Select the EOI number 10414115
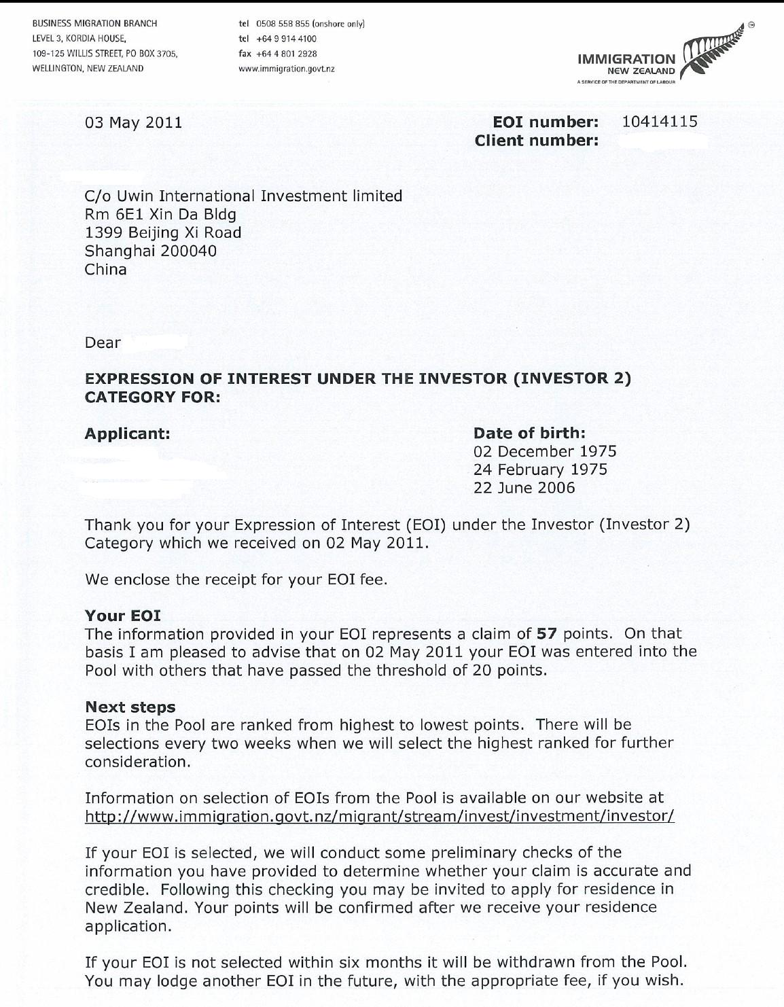(660, 122)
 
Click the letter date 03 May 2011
(133, 122)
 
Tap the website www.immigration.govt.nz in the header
(287, 69)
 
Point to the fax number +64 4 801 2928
(287, 54)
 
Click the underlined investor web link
(379, 816)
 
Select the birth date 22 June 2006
(524, 488)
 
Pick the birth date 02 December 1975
(545, 451)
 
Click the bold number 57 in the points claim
(546, 634)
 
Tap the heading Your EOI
(122, 616)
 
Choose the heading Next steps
(130, 707)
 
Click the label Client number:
(537, 141)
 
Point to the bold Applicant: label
(127, 433)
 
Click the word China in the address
(105, 269)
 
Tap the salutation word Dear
(103, 342)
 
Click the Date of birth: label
(529, 433)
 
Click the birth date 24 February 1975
(540, 470)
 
